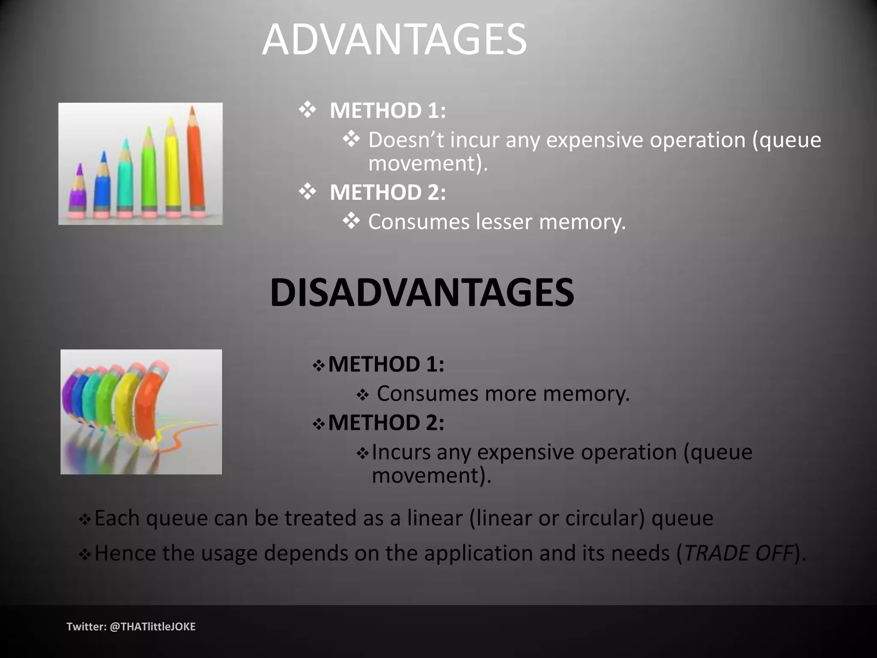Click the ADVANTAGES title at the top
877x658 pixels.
click(394, 39)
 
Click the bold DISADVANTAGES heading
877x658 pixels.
click(422, 293)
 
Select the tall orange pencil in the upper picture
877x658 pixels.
click(195, 163)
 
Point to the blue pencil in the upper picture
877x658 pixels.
click(102, 184)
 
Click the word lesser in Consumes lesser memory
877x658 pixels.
click(503, 222)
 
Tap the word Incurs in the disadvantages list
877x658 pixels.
click(401, 452)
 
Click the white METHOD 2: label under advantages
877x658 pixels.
click(387, 192)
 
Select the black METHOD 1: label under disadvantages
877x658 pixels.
click(386, 365)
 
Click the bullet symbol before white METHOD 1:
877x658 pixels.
click(307, 110)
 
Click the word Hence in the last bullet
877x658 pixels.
click(125, 553)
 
